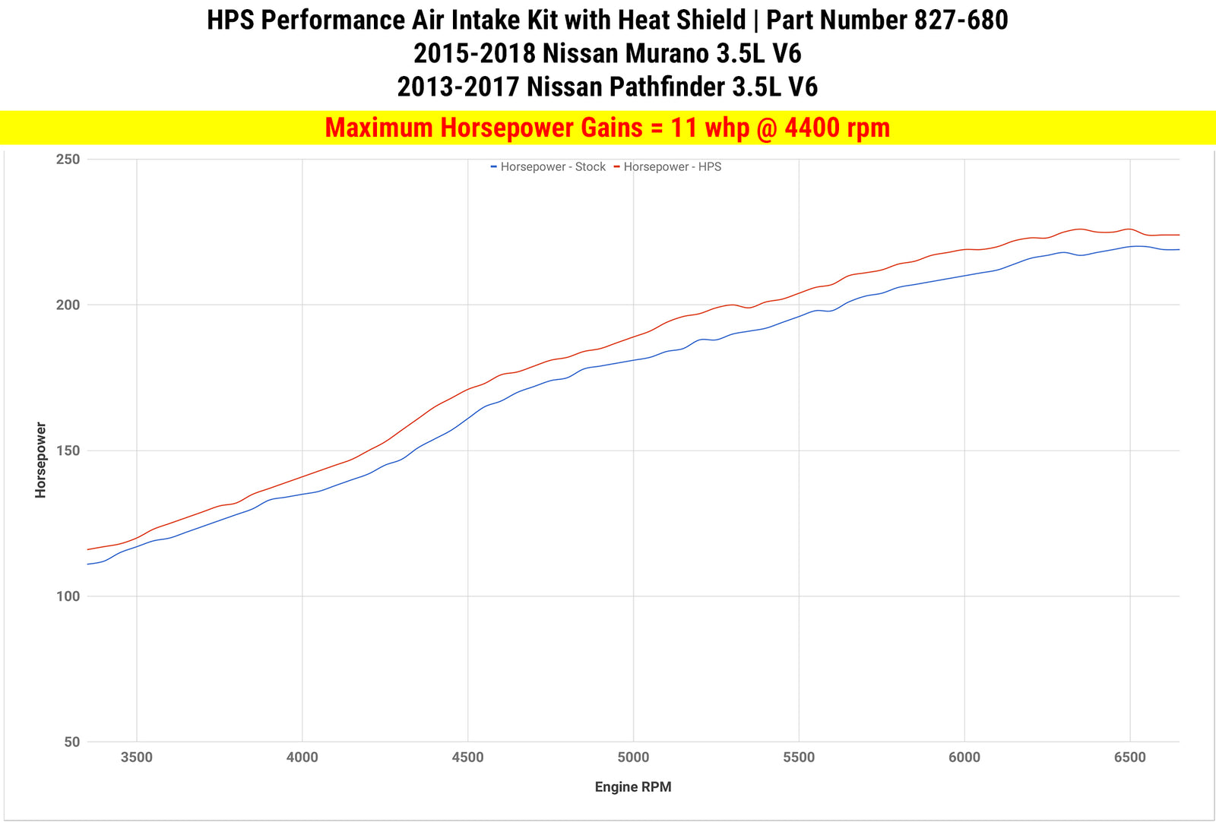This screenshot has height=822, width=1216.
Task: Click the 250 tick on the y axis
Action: coord(68,160)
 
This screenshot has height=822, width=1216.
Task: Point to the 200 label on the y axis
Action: coord(68,305)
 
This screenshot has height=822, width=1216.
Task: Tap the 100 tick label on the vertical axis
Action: coord(68,596)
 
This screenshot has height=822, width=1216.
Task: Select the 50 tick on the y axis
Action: coord(71,742)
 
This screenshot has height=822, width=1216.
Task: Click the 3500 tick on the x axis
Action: coord(137,757)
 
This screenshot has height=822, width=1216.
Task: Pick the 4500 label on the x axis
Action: coord(467,757)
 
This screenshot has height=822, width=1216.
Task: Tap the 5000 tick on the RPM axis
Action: coord(633,757)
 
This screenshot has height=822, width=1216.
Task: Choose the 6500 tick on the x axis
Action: coord(1129,757)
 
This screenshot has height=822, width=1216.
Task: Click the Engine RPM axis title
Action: coord(633,787)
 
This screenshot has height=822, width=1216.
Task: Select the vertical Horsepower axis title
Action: coord(41,460)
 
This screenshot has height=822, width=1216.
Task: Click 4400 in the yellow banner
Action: coord(813,128)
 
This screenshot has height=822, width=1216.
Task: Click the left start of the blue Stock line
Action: coord(88,564)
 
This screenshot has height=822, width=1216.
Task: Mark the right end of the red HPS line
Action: coord(1179,235)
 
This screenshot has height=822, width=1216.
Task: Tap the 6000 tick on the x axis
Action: coord(964,757)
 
